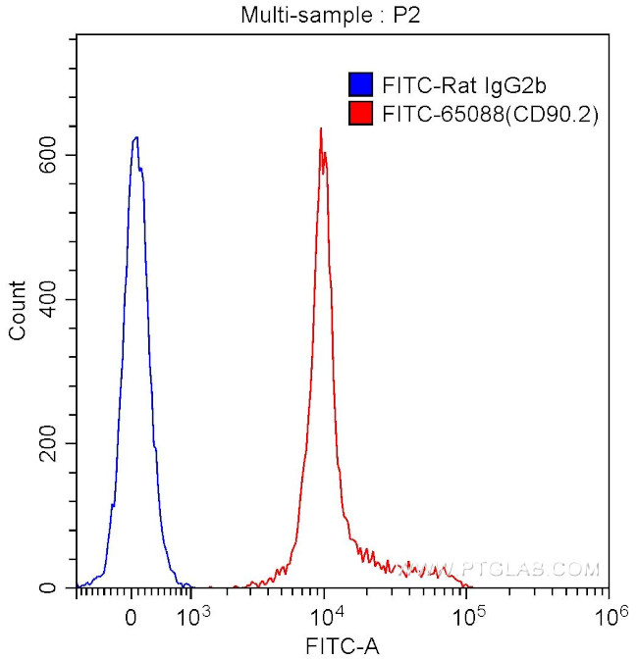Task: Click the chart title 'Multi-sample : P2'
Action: (x=319, y=15)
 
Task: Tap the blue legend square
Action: (x=360, y=84)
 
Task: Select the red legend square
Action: (x=360, y=115)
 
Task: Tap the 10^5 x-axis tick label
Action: (x=469, y=614)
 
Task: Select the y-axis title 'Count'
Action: (x=17, y=311)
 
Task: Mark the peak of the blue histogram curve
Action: (x=135, y=137)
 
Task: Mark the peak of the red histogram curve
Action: (x=320, y=128)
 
